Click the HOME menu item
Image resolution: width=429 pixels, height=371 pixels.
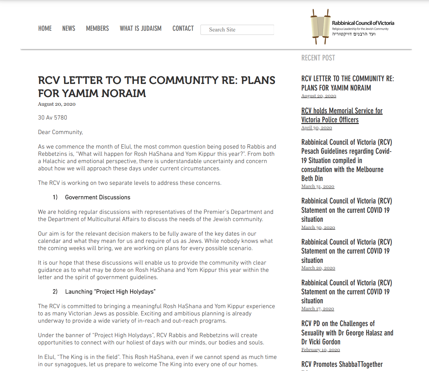45,29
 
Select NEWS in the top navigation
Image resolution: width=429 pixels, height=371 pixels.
69,29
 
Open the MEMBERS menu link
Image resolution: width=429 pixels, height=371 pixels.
97,29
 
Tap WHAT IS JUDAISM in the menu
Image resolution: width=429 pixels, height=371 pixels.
140,29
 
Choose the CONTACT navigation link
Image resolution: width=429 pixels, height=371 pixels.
183,29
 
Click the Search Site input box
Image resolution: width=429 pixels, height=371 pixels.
237,30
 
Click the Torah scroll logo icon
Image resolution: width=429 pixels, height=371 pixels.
320,27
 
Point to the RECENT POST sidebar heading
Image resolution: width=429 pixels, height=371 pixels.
318,58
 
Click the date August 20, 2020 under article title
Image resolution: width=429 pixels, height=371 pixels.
57,104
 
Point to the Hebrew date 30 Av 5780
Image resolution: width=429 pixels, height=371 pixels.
53,117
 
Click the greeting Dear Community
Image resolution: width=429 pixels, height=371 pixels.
61,132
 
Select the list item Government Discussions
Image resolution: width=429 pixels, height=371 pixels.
98,197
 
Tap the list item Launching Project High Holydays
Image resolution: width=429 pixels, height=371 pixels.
110,292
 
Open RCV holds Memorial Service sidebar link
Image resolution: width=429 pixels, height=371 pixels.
341,115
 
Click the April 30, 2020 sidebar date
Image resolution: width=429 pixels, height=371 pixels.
317,128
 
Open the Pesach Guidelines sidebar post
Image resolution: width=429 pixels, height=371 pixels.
346,160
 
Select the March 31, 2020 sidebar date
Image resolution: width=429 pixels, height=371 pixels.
318,187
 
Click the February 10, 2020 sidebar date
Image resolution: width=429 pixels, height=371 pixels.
320,350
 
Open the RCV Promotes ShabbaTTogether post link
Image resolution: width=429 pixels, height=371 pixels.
342,364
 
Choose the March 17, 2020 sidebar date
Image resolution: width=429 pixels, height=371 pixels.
318,309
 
